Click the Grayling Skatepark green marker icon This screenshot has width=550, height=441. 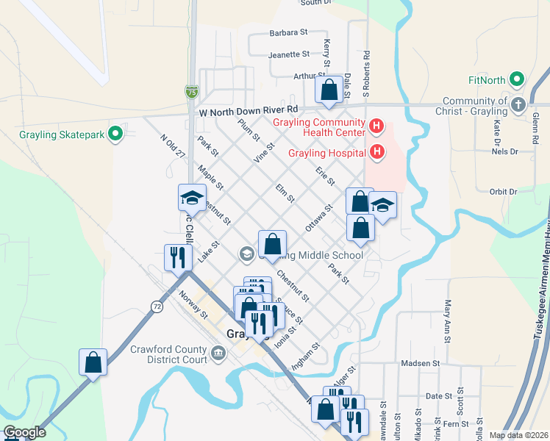coord(115,135)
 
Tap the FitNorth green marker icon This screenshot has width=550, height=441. coord(516,80)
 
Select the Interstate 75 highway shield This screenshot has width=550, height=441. coord(191,92)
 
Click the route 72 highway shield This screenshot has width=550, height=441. coord(157,304)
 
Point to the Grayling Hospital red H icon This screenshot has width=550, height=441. coord(377,152)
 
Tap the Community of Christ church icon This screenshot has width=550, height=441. coord(518,104)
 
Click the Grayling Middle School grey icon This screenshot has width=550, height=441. coord(246,254)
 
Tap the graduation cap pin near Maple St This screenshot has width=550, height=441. coord(191,197)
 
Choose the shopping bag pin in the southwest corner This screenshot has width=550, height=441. coord(93,362)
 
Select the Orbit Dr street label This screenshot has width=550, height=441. coord(503,191)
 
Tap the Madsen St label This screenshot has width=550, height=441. coord(420,363)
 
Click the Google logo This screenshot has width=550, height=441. coord(24,432)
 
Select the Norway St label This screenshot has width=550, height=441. coord(193,304)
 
